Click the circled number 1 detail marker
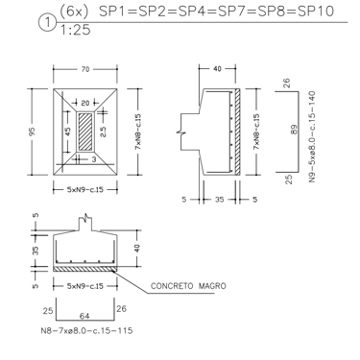coord(47,24)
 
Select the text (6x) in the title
coord(74,12)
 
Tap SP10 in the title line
coord(316,12)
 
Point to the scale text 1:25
coord(75,30)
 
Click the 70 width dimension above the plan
coord(85,69)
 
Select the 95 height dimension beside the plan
coord(32,132)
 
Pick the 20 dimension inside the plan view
coord(85,103)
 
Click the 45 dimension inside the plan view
coord(68,132)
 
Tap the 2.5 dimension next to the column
coord(103,131)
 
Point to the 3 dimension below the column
coord(94,159)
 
